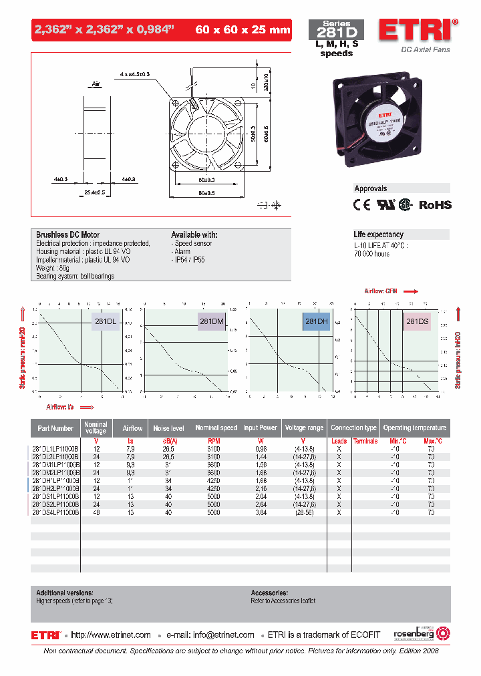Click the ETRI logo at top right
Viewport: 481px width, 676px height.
click(x=417, y=31)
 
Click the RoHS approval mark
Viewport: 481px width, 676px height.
click(x=435, y=205)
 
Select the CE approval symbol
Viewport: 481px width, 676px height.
click(x=361, y=205)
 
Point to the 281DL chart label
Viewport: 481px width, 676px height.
click(x=105, y=322)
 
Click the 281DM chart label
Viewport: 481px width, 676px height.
click(x=211, y=322)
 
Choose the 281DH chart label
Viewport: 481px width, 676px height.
click(x=316, y=322)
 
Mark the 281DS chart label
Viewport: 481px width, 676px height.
click(x=418, y=322)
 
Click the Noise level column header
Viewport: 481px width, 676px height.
click(x=168, y=428)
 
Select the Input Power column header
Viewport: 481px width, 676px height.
click(x=260, y=428)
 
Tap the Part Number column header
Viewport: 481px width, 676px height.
click(x=55, y=428)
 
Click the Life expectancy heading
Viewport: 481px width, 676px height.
click(x=378, y=234)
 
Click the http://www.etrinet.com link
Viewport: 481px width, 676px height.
click(x=111, y=635)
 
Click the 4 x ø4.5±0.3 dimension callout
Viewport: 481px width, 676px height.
click(x=135, y=73)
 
